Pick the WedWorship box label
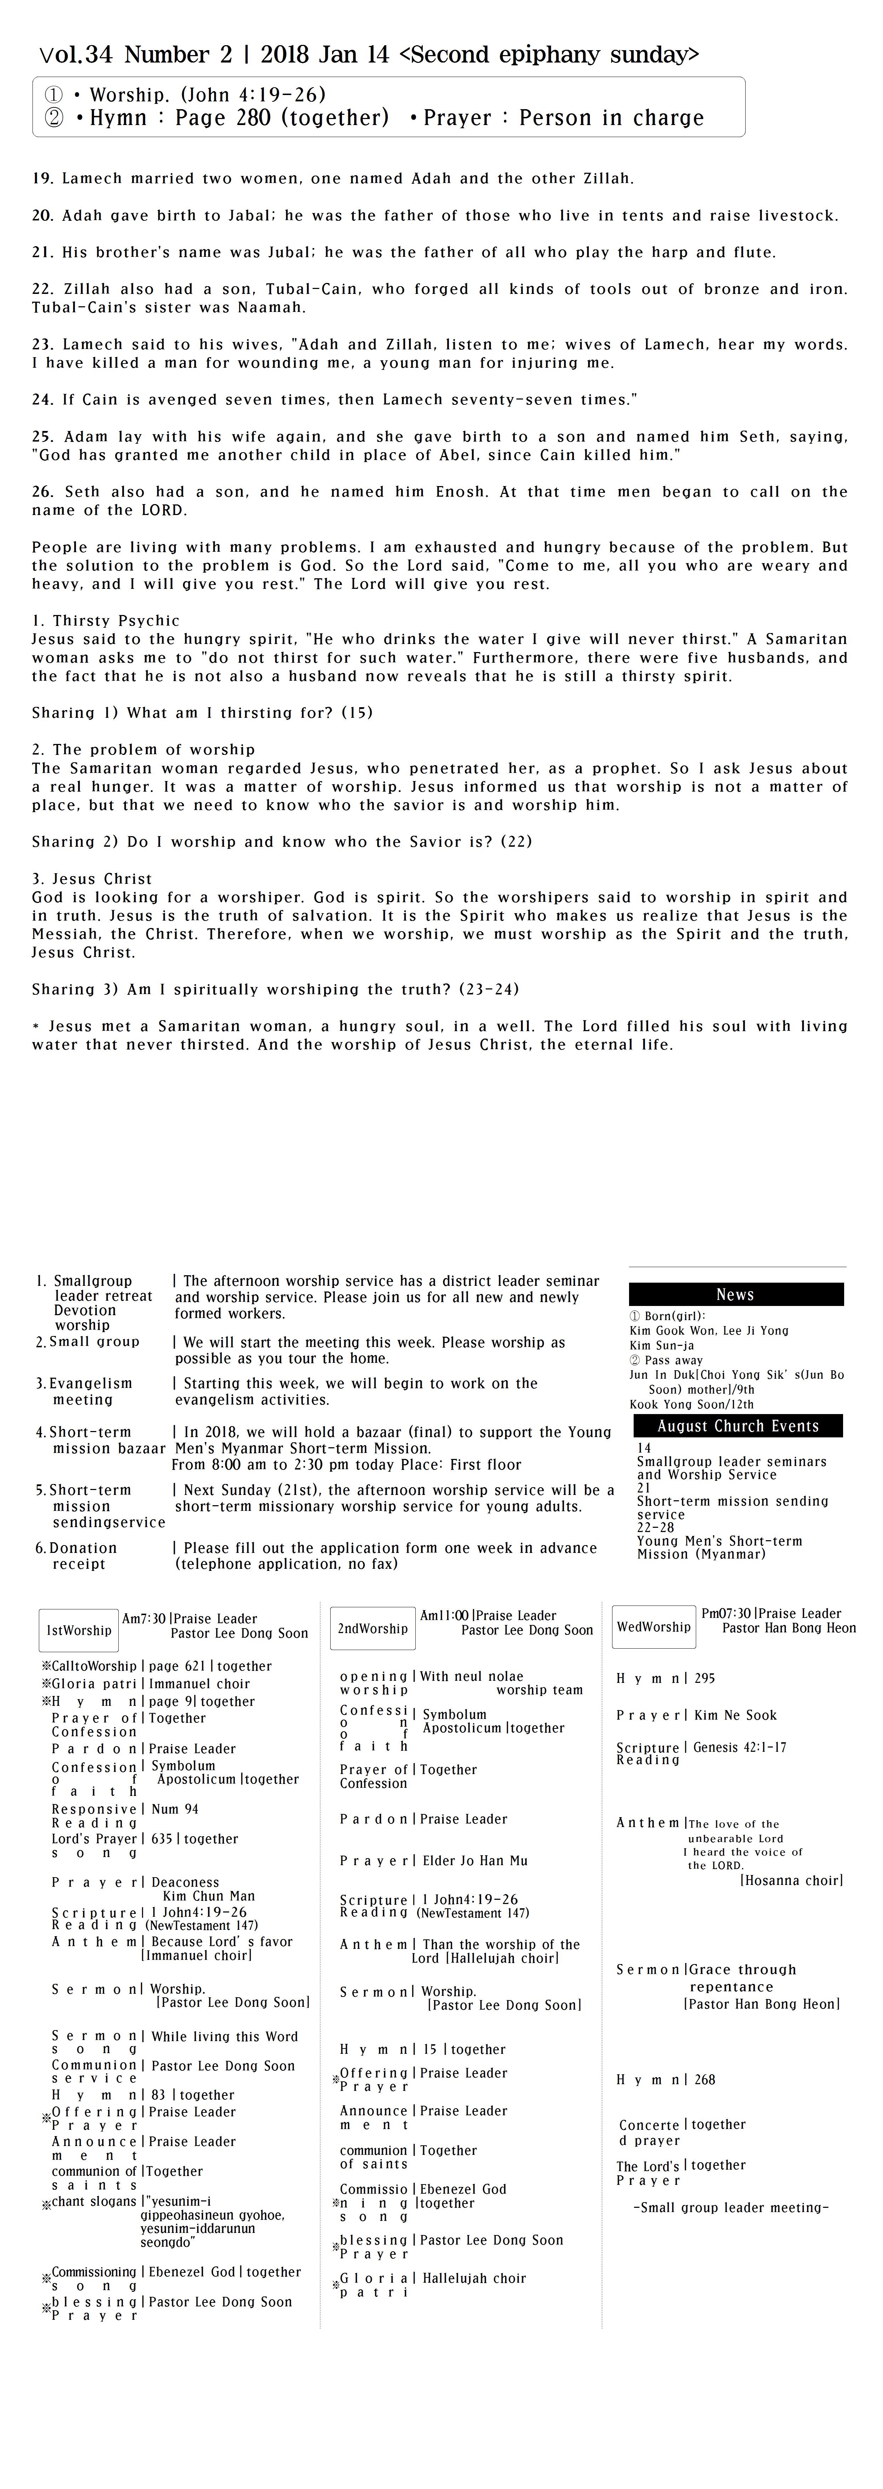click(x=654, y=1627)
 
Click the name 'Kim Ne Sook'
click(x=735, y=1715)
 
